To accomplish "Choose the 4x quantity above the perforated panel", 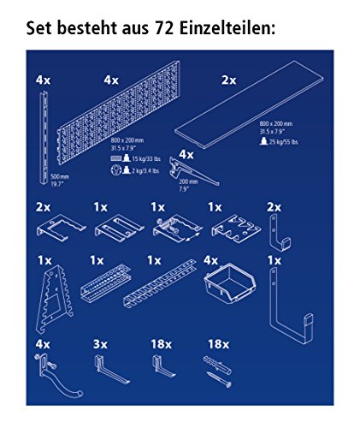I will pos(111,79).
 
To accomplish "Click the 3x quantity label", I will pos(100,344).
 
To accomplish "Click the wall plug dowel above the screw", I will pos(215,365).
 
